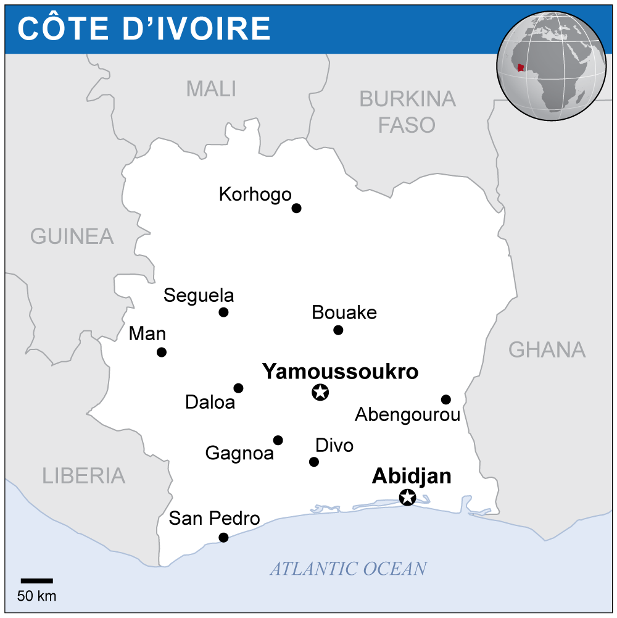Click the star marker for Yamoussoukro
pos(320,391)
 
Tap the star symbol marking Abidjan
pos(407,496)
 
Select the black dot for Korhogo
pos(296,208)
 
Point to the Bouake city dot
pos(338,330)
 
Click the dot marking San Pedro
pos(223,538)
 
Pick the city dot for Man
pos(162,353)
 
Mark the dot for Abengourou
pos(446,399)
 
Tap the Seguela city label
pos(199,296)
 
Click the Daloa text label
pos(210,403)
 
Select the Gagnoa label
pos(239,454)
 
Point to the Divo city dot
pos(314,462)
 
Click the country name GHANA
pos(547,350)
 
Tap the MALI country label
pos(211,90)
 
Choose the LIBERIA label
pos(84,476)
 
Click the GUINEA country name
pos(72,236)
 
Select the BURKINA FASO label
pos(407,112)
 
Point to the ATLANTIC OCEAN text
pos(348,569)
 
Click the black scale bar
pos(37,581)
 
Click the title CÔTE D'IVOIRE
pos(144,28)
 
